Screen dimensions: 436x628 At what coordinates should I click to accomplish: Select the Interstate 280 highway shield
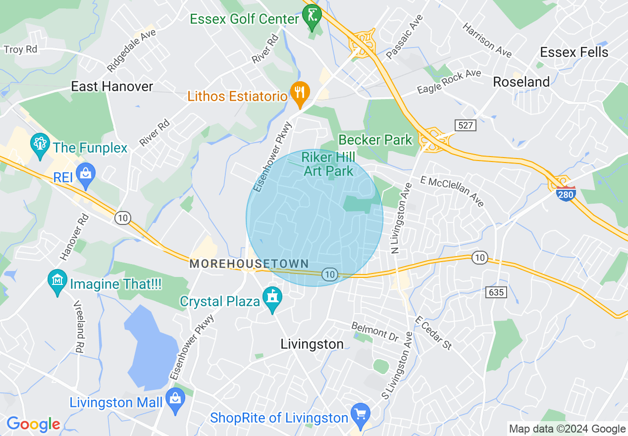(x=565, y=193)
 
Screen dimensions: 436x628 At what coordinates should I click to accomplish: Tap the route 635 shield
(x=496, y=292)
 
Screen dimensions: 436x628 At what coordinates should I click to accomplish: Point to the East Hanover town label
(x=112, y=86)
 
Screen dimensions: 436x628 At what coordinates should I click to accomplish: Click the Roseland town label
(x=521, y=82)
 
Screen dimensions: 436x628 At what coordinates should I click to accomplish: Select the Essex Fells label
(x=574, y=52)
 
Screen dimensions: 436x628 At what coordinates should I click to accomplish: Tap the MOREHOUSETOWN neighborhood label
(x=249, y=264)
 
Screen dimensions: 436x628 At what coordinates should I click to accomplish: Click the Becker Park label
(x=375, y=140)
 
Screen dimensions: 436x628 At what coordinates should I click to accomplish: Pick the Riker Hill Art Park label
(x=329, y=164)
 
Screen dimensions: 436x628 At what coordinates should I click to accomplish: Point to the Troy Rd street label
(x=20, y=50)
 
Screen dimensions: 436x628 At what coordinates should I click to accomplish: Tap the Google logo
(x=33, y=424)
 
